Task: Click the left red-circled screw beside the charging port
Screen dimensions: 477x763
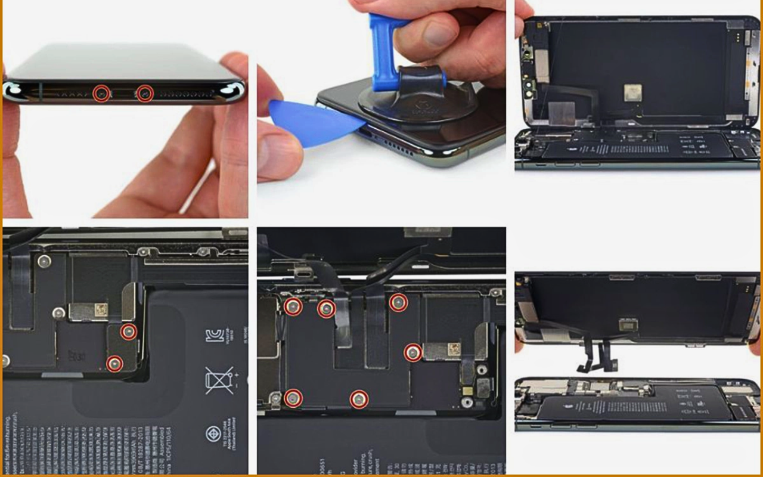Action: pyautogui.click(x=102, y=94)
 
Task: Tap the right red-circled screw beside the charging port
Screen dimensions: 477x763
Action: pyautogui.click(x=145, y=93)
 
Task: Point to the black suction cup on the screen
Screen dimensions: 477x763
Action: pyautogui.click(x=417, y=101)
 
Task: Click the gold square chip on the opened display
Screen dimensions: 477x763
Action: pyautogui.click(x=632, y=92)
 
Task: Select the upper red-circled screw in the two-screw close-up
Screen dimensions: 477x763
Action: pyautogui.click(x=128, y=332)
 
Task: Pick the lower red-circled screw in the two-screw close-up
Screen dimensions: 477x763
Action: pyautogui.click(x=114, y=363)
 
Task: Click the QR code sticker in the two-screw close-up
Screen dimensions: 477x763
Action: pyautogui.click(x=101, y=309)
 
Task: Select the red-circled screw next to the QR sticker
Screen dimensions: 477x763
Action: pyautogui.click(x=412, y=353)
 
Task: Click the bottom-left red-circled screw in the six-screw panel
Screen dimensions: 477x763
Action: pyautogui.click(x=293, y=398)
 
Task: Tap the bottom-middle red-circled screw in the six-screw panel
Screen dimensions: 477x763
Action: pyautogui.click(x=359, y=399)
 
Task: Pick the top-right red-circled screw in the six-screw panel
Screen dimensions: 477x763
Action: pyautogui.click(x=398, y=303)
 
